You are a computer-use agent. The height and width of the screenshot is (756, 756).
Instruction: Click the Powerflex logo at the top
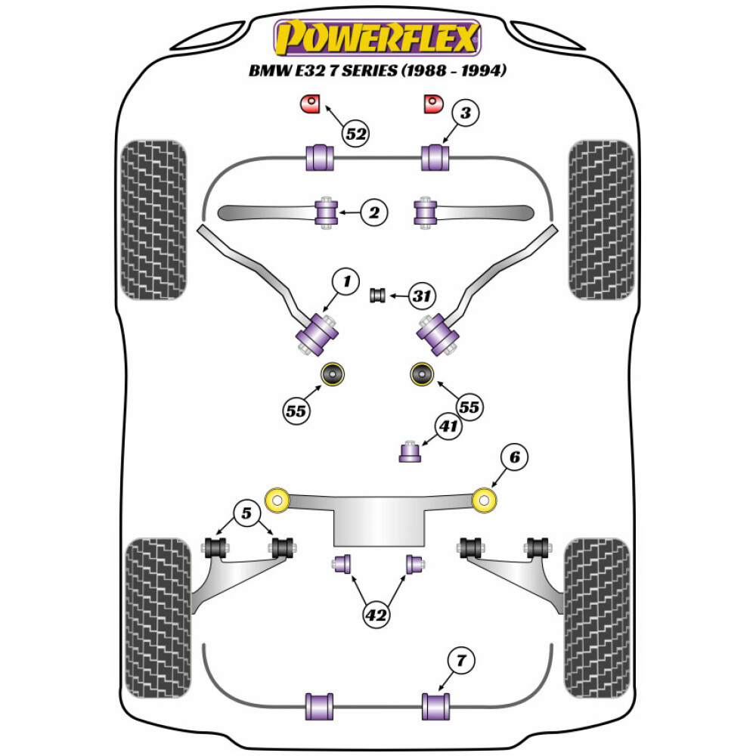pyautogui.click(x=377, y=38)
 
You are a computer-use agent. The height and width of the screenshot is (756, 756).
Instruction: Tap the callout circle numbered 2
pyautogui.click(x=373, y=213)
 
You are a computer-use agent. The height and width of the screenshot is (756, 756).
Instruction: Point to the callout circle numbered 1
pyautogui.click(x=345, y=283)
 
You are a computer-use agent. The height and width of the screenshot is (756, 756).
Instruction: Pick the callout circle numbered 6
pyautogui.click(x=514, y=457)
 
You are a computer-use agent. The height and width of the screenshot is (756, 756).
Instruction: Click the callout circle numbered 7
pyautogui.click(x=462, y=661)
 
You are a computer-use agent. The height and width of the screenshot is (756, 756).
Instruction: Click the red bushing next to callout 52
pyautogui.click(x=311, y=104)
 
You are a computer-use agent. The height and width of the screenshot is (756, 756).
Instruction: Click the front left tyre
pyautogui.click(x=153, y=219)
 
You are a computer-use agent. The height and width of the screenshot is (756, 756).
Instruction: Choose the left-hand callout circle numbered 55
pyautogui.click(x=296, y=411)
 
